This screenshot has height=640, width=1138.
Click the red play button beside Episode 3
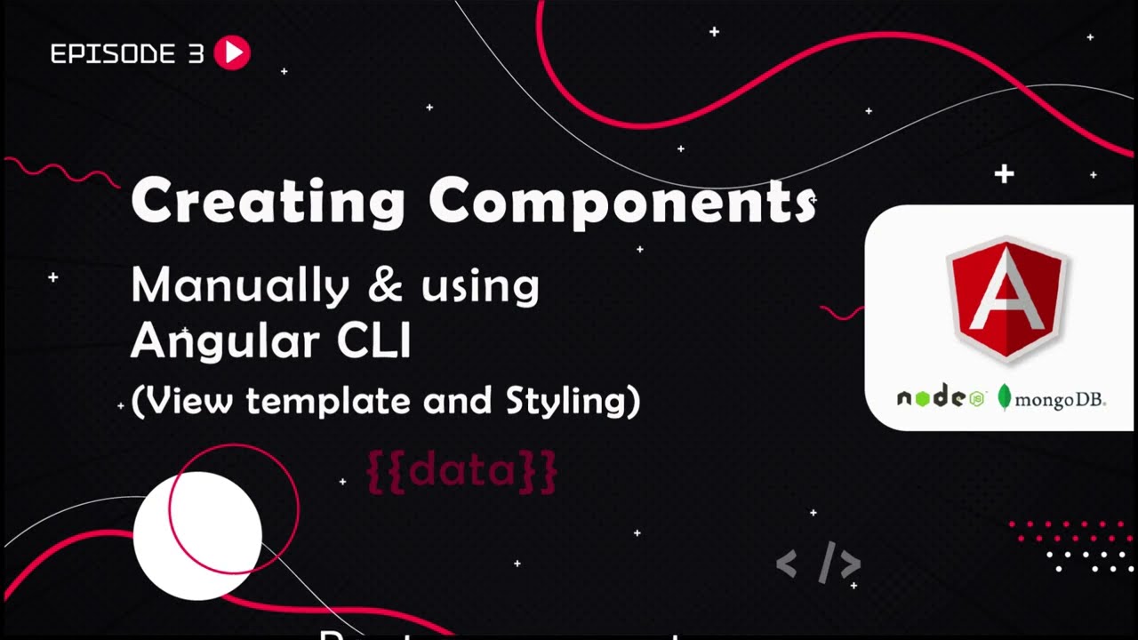tap(233, 53)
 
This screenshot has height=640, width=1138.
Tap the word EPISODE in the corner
tap(114, 54)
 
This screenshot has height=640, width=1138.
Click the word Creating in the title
tap(268, 201)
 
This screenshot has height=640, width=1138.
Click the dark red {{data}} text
tap(462, 471)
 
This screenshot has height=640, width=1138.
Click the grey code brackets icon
tap(818, 564)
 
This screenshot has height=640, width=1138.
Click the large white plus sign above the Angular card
tap(1004, 173)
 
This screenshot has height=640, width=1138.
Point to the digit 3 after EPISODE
tap(196, 54)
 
